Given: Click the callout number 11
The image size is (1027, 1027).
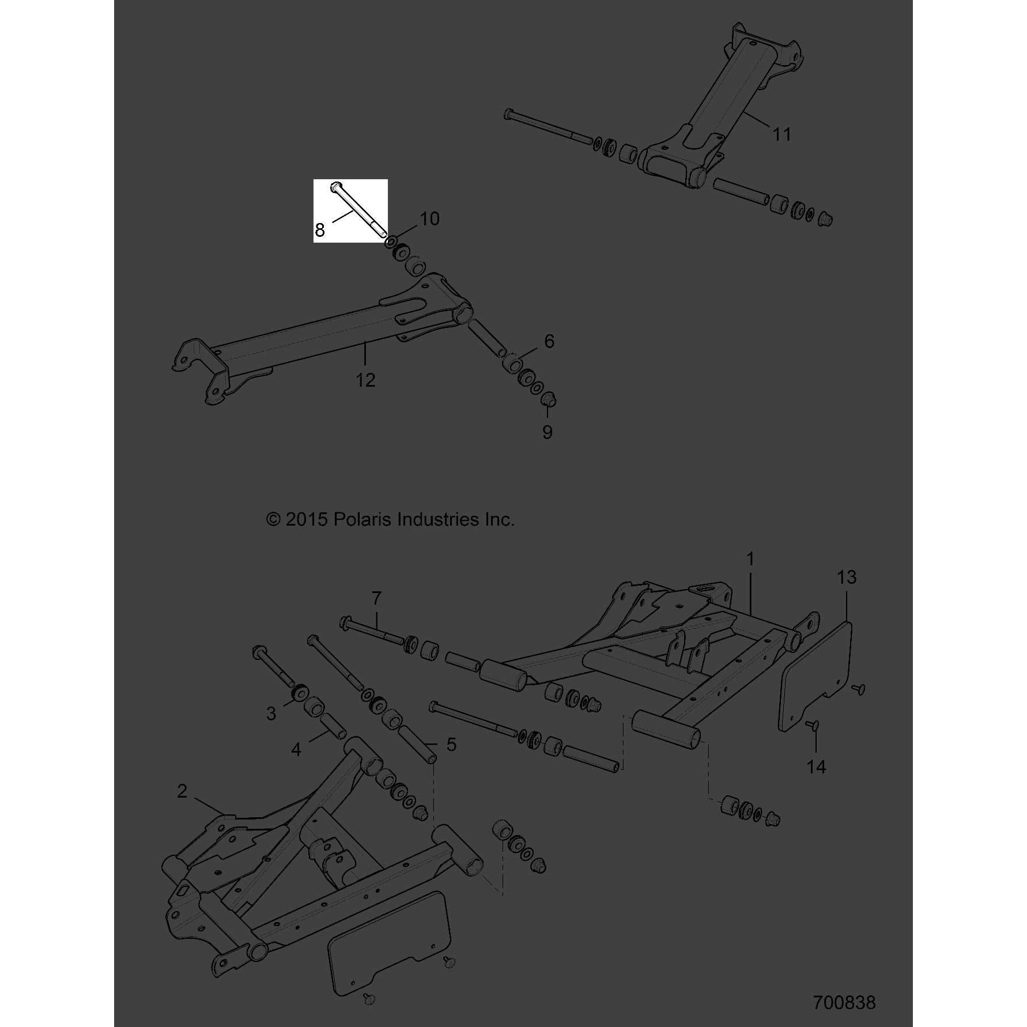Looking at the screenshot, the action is [781, 134].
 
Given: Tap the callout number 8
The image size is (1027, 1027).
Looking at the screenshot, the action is [320, 231].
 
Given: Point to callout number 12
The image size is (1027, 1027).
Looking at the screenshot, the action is [365, 380].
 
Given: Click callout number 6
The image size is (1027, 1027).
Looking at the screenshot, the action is [549, 342].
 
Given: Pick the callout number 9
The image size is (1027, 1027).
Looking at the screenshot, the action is [548, 432].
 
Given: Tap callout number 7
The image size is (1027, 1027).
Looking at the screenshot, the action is [376, 598].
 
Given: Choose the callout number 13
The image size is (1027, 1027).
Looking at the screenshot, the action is [847, 577].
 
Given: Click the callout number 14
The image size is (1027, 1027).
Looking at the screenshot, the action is [817, 767].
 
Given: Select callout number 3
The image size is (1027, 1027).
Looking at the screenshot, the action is [271, 714].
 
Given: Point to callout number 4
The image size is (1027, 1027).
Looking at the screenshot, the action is [296, 750].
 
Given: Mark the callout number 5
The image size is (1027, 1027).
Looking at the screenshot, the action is [451, 745].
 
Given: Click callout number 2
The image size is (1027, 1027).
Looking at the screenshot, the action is [182, 791].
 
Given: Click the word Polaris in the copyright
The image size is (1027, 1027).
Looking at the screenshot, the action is [364, 520].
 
